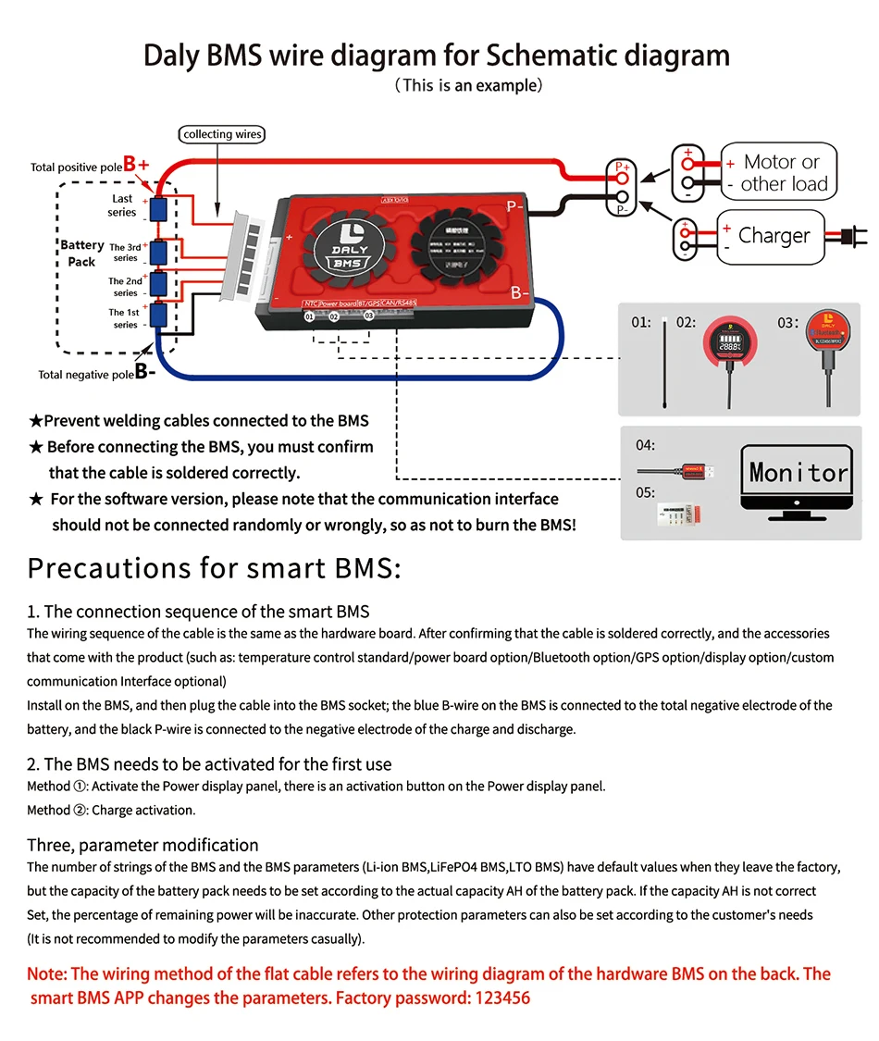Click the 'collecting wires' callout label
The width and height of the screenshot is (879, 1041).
click(x=222, y=134)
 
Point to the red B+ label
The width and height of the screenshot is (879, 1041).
click(x=136, y=165)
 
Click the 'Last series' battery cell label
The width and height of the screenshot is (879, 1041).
click(x=122, y=205)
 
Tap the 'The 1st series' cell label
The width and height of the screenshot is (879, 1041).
click(x=125, y=318)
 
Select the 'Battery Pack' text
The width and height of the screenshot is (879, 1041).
click(x=82, y=253)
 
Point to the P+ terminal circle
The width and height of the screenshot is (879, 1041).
click(x=622, y=176)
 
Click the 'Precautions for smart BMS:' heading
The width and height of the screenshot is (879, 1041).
click(x=215, y=567)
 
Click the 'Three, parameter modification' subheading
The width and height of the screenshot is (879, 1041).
click(x=142, y=845)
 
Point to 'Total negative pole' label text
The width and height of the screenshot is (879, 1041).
click(x=86, y=375)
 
